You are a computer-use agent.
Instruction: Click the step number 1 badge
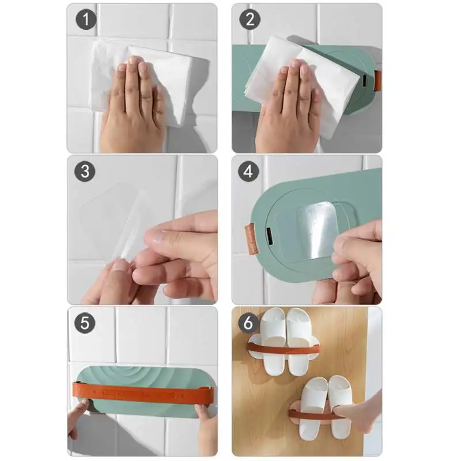click(x=86, y=20)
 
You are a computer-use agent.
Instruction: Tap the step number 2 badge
click(x=250, y=20)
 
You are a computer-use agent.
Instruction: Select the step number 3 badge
click(x=85, y=171)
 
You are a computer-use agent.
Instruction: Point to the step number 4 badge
click(x=248, y=171)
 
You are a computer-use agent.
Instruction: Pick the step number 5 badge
click(x=85, y=323)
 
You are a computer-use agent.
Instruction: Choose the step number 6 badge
click(x=248, y=323)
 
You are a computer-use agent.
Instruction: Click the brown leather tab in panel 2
click(x=378, y=81)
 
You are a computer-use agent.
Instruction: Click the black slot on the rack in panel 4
click(x=269, y=236)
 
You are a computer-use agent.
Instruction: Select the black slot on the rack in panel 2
click(x=365, y=81)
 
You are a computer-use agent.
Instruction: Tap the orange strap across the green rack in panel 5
click(x=143, y=393)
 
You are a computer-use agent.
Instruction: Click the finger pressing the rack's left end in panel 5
click(x=79, y=411)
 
